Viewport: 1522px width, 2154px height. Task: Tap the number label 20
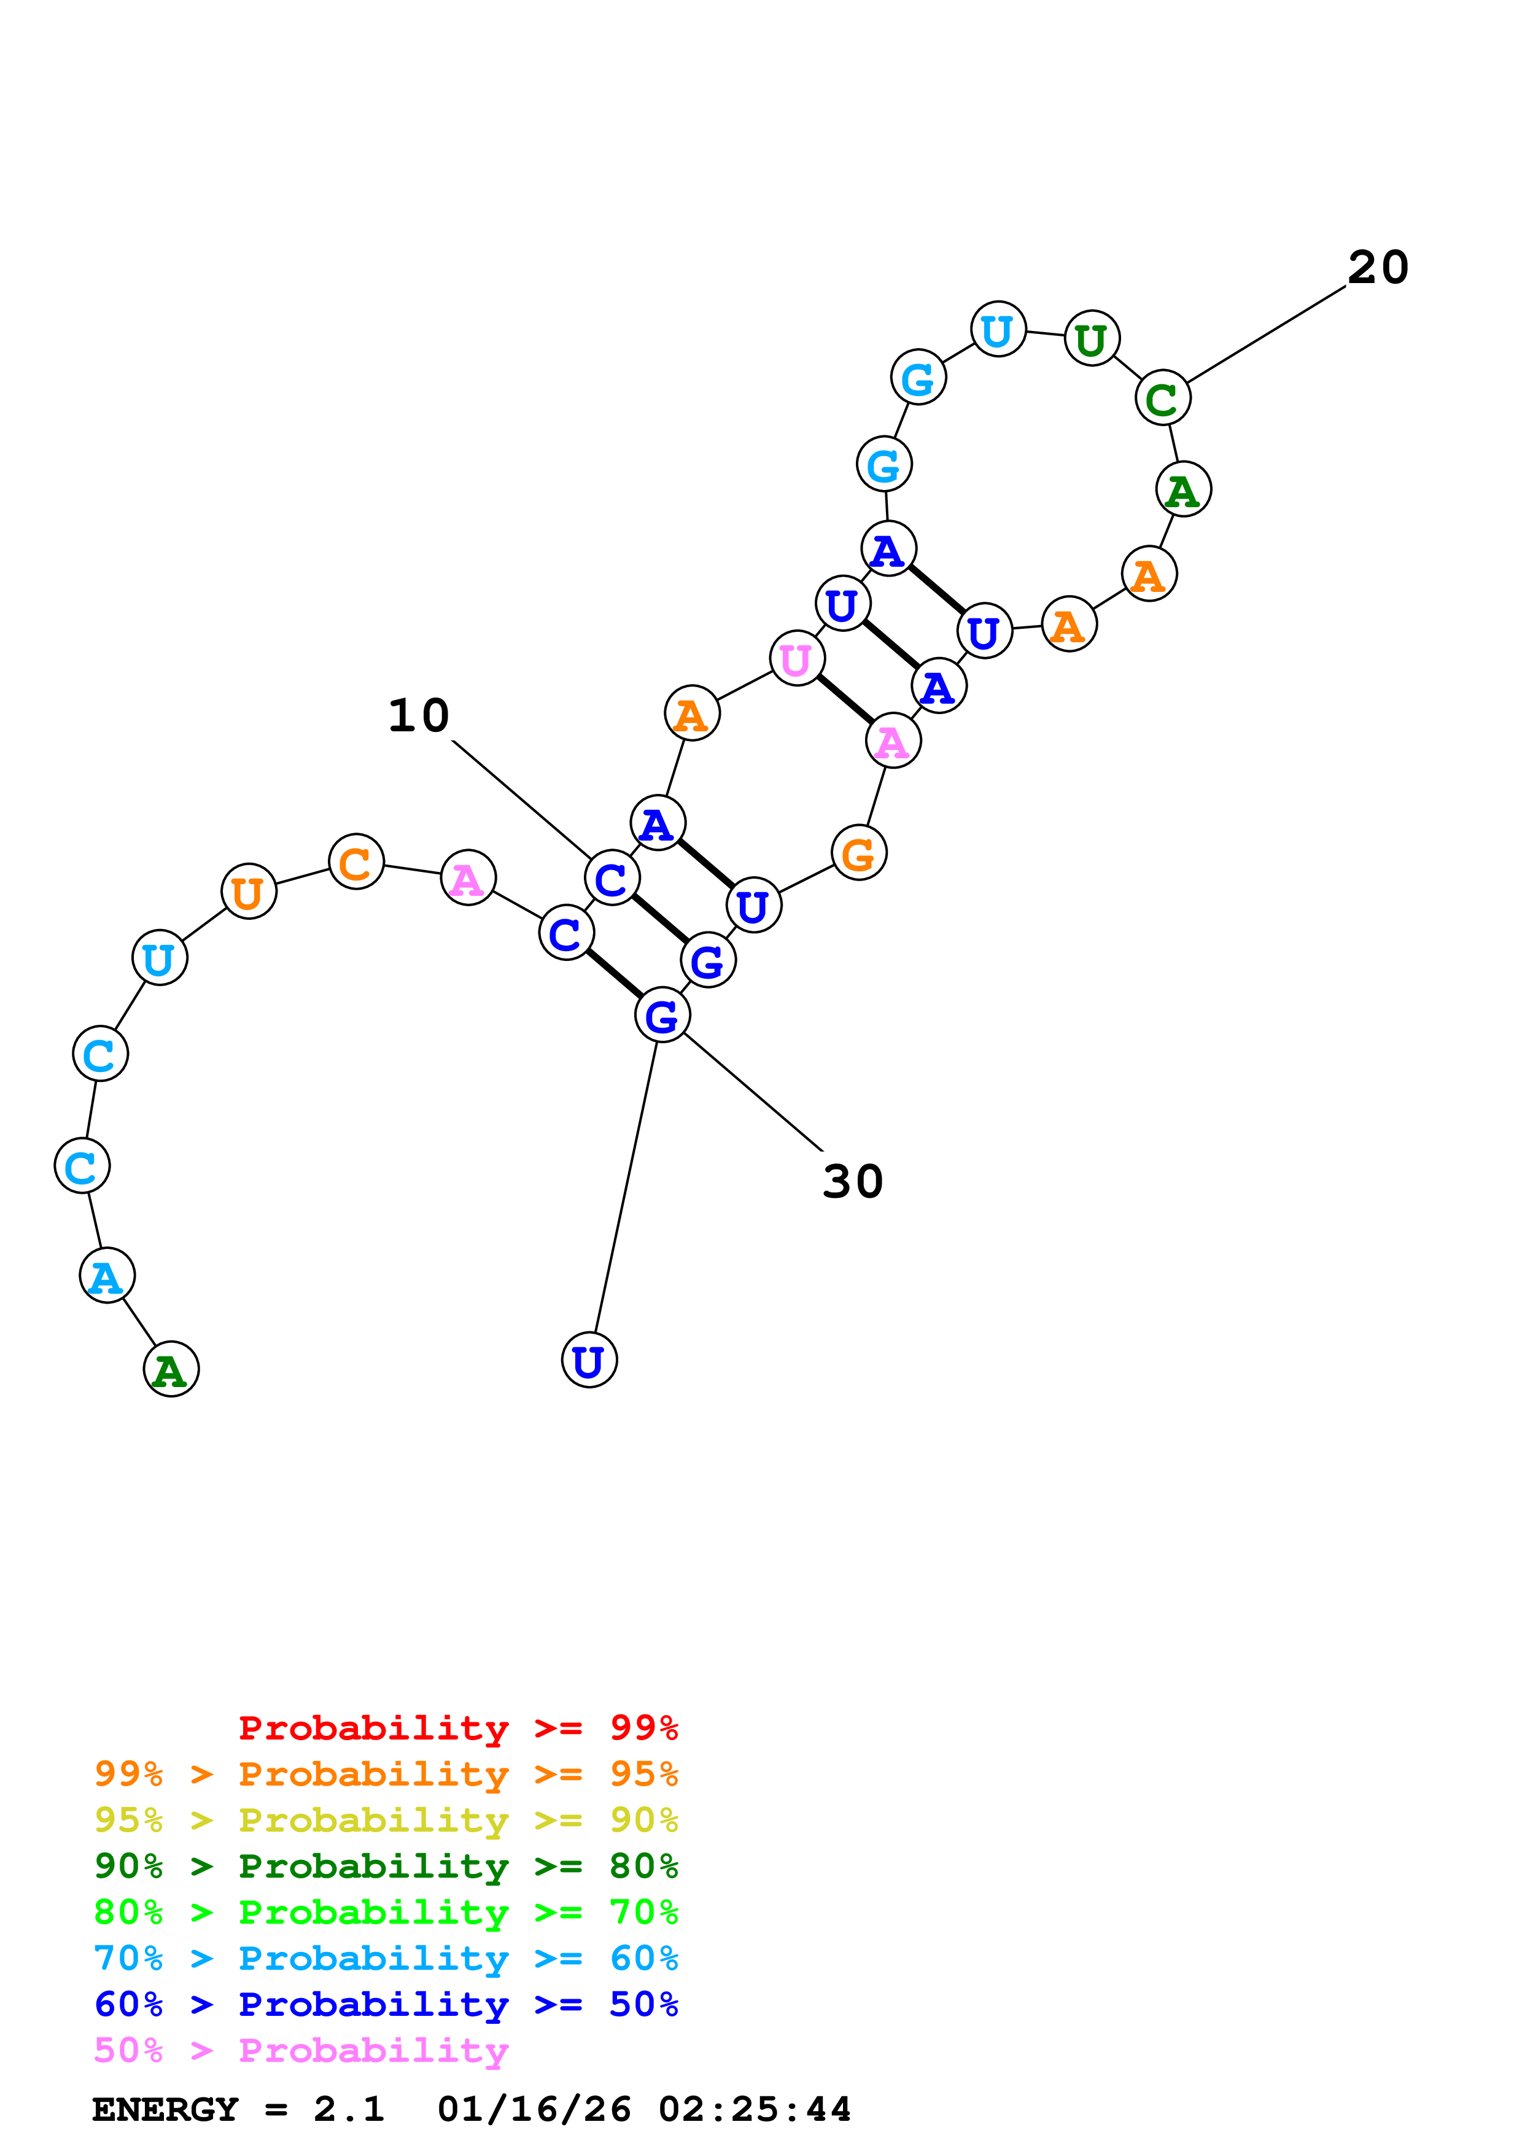point(1378,268)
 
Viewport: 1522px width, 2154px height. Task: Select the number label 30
point(852,1182)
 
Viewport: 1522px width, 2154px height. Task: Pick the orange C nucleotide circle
point(356,861)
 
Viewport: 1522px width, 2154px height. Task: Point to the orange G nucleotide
point(859,853)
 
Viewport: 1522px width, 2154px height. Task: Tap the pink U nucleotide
point(796,659)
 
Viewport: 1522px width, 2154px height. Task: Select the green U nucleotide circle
point(1092,339)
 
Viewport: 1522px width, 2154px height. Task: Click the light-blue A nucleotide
point(107,1276)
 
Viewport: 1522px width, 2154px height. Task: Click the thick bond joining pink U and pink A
point(845,700)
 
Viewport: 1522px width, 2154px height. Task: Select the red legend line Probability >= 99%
point(457,1727)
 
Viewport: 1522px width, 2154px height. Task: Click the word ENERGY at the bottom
point(165,2109)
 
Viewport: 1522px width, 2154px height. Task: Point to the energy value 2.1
point(349,2109)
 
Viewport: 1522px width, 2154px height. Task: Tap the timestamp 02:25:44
point(755,2109)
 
